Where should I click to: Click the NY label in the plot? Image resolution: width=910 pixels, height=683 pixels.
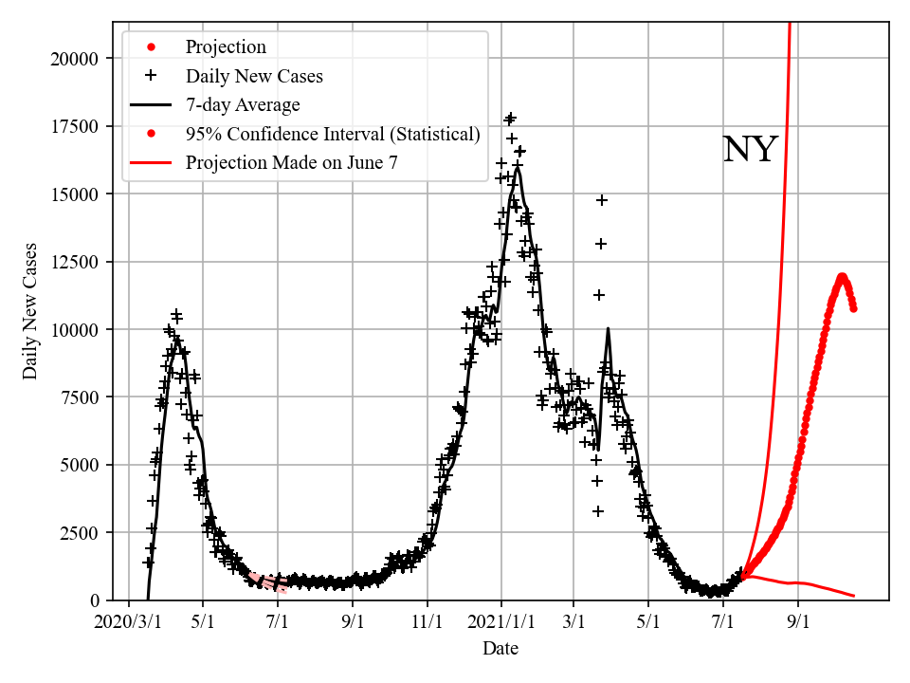pyautogui.click(x=750, y=150)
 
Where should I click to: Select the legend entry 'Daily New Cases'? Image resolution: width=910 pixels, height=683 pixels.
pyautogui.click(x=254, y=76)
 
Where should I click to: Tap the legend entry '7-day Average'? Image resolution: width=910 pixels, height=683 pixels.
pyautogui.click(x=243, y=104)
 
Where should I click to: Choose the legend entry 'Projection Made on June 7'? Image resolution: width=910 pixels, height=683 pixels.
pyautogui.click(x=291, y=162)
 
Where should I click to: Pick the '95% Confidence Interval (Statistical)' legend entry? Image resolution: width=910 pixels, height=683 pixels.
pyautogui.click(x=333, y=134)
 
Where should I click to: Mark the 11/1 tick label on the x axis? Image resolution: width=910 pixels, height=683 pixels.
pyautogui.click(x=428, y=623)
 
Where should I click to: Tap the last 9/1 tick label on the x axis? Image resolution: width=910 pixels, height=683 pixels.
pyautogui.click(x=797, y=623)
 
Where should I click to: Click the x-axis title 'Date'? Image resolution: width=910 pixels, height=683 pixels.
pyautogui.click(x=500, y=649)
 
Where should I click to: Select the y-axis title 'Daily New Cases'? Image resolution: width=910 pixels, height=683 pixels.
pyautogui.click(x=31, y=311)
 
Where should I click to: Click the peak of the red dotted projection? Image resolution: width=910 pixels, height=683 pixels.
pyautogui.click(x=842, y=277)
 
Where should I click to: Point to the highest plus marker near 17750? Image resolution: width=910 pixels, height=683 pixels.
pyautogui.click(x=511, y=118)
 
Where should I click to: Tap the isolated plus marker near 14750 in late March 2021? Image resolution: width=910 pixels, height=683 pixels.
pyautogui.click(x=601, y=200)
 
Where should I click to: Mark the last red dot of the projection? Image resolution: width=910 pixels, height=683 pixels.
pyautogui.click(x=853, y=307)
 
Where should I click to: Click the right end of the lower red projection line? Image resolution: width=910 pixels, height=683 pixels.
pyautogui.click(x=854, y=596)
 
